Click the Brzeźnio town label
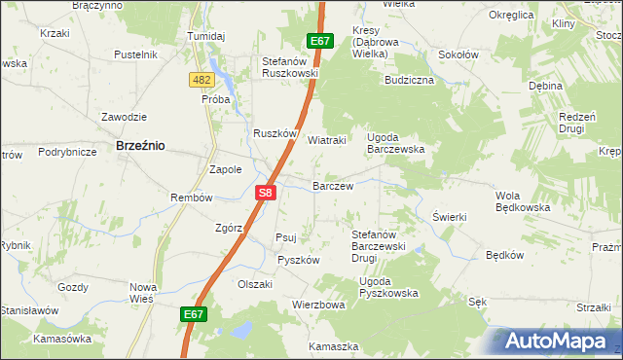coord(140,144)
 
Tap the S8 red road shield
coord(267,193)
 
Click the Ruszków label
coord(275,135)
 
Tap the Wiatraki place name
coord(327,139)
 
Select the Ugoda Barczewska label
coord(395,143)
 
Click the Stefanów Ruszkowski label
coord(290,67)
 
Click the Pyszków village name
coord(298,260)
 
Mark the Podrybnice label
coord(67,152)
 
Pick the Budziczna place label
coord(409,80)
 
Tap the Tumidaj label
coord(206,36)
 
